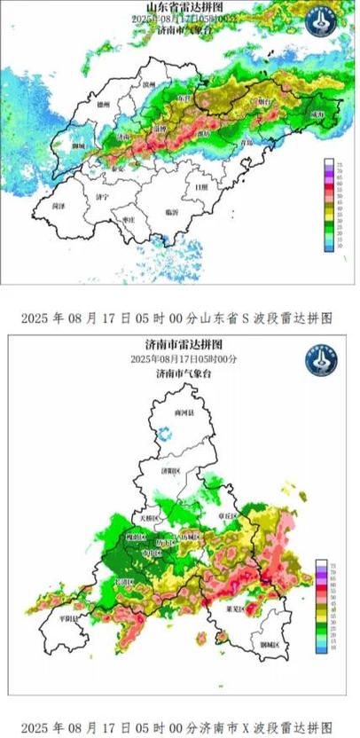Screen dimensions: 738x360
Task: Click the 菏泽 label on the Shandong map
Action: click(59, 205)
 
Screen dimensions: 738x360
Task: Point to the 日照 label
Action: click(203, 187)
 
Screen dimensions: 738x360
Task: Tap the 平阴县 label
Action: click(67, 618)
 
